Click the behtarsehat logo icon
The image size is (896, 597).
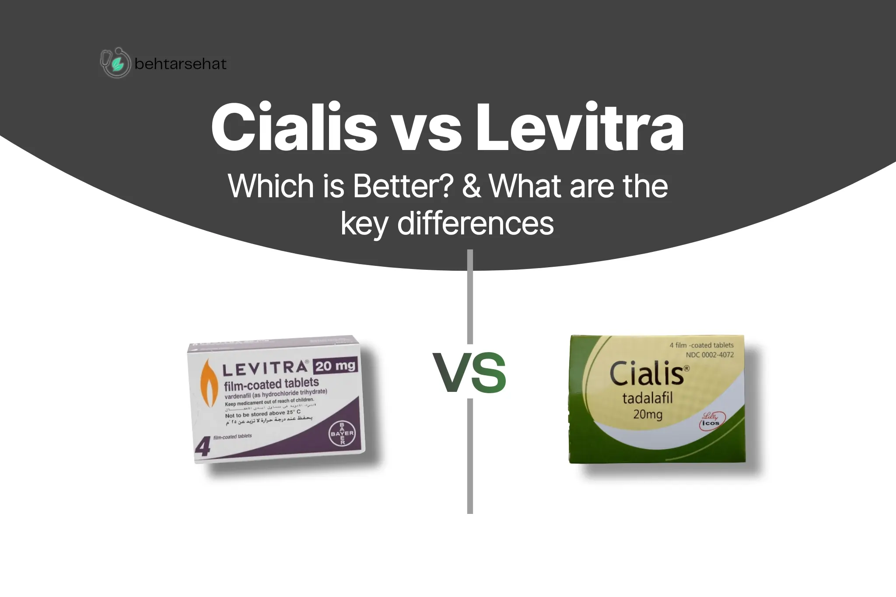tap(115, 63)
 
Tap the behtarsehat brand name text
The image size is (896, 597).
tap(180, 64)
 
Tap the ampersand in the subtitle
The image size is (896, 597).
tap(471, 186)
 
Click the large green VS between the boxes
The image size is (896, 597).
tap(469, 373)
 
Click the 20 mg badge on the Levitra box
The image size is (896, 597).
tap(335, 366)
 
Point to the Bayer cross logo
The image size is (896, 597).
tap(342, 433)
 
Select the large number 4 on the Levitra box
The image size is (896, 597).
tap(203, 447)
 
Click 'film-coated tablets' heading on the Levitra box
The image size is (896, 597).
tap(271, 384)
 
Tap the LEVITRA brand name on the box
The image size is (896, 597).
tap(265, 369)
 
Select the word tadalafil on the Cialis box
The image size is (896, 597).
tap(647, 398)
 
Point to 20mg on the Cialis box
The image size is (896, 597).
tap(647, 414)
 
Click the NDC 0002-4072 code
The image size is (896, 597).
tap(710, 355)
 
